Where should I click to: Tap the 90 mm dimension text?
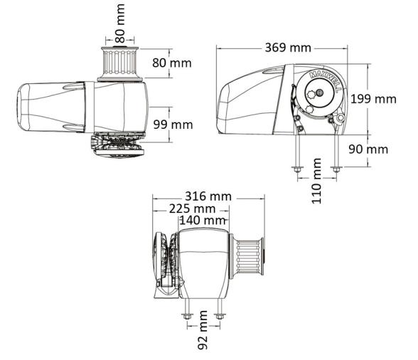click(368, 149)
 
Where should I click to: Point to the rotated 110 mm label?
click(317, 181)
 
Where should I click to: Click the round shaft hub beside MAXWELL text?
click(318, 93)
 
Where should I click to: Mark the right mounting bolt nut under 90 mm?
click(336, 169)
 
